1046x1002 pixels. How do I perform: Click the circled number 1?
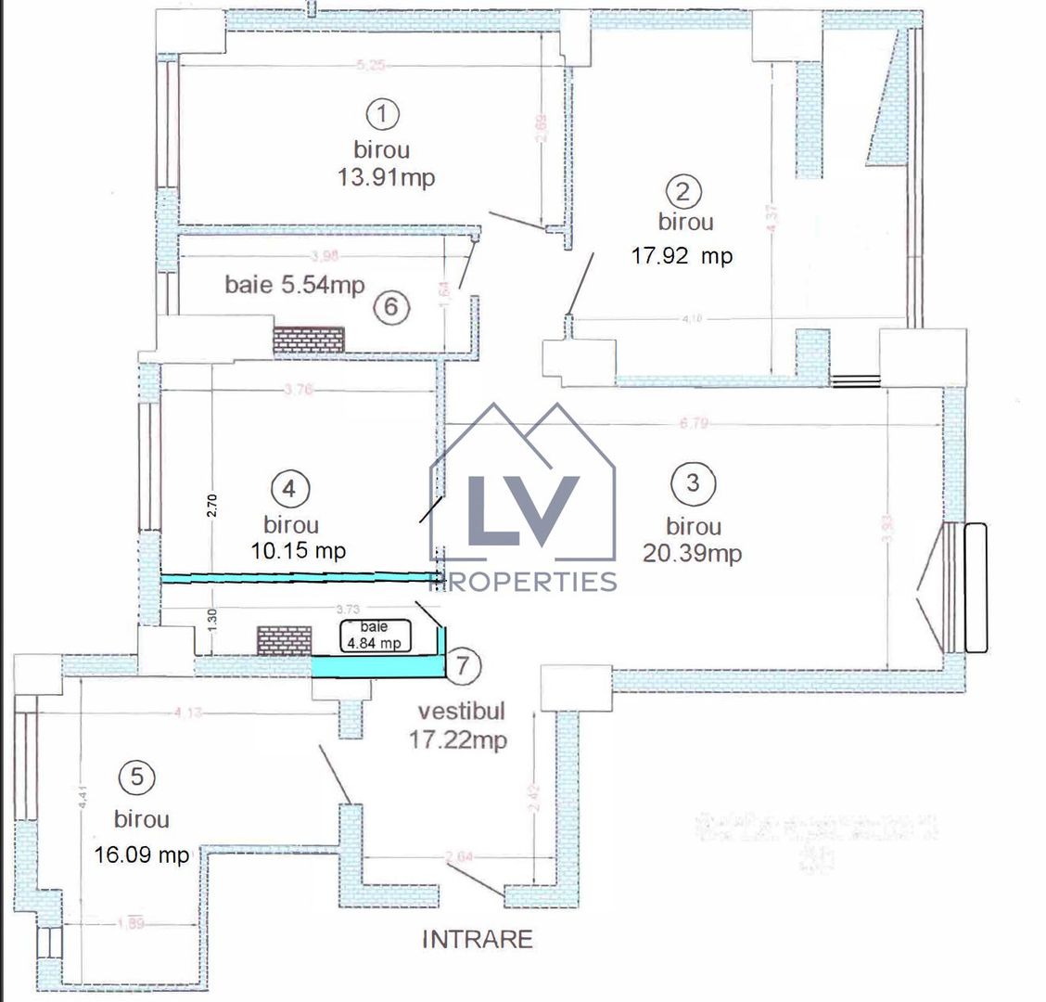(x=382, y=115)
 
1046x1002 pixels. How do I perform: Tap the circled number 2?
(x=684, y=192)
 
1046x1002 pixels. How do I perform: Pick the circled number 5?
(x=137, y=778)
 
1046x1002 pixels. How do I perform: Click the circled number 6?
(x=390, y=306)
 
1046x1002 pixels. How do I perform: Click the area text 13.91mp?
(x=386, y=178)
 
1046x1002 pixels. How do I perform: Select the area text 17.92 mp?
(x=682, y=256)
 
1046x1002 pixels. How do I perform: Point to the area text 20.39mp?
(x=692, y=554)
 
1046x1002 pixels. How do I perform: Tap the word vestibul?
(x=462, y=713)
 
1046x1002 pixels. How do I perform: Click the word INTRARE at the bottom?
(x=478, y=940)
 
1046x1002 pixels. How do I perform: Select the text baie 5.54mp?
(x=295, y=284)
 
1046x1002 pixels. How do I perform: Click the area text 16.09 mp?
(x=142, y=854)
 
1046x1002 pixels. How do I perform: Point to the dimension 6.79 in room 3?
(x=694, y=424)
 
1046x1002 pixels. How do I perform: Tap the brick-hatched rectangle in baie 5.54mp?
(x=308, y=338)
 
